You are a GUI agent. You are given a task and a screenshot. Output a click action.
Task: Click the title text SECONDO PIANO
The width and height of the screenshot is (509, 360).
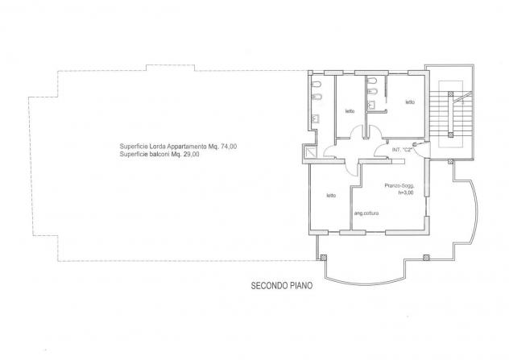coord(282,286)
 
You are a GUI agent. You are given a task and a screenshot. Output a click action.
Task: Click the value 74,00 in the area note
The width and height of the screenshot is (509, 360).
coord(229,147)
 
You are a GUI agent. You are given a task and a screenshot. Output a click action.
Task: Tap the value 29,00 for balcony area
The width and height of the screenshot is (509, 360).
coord(191,155)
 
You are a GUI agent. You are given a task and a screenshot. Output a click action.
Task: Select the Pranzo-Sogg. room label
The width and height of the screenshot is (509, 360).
coord(399,186)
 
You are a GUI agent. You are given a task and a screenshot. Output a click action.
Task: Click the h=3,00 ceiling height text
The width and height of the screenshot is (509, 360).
coord(406,192)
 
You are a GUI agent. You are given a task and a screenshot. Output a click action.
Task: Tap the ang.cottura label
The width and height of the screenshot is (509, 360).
coord(366,213)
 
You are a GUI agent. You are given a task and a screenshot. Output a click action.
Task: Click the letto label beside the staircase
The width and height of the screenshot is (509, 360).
coord(410,102)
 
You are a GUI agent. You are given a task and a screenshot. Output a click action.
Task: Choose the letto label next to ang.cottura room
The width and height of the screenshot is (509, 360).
coord(331,196)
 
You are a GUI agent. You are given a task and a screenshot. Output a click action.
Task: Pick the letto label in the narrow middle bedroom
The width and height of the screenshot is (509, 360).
coord(350,111)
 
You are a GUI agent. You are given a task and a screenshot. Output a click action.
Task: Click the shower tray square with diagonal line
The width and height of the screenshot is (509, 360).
coord(310,152)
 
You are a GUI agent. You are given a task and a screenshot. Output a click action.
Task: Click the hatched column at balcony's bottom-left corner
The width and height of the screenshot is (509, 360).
coord(323,258)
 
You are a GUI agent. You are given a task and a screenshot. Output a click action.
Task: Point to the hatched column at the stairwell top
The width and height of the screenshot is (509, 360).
coord(450,94)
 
